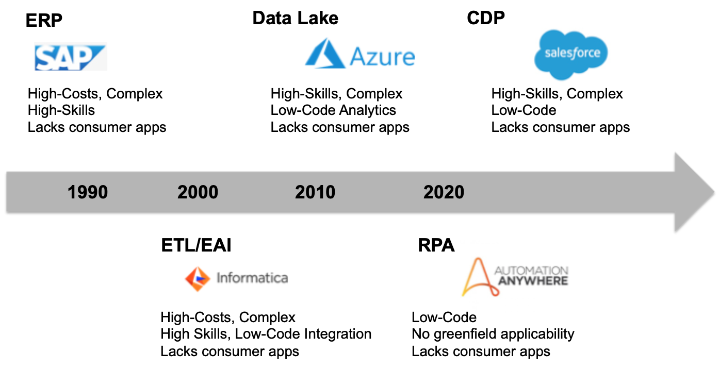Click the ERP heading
pos(44,21)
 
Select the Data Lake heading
pos(296,18)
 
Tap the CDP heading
pos(486,18)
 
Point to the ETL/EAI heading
pos(196,245)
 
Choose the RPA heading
pos(436,245)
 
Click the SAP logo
pos(71,57)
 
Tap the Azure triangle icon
pos(325,54)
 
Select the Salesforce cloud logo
pos(571,55)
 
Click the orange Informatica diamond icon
pos(198,279)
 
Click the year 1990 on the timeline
pos(87,192)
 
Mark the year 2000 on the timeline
pos(198,192)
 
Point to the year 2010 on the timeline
pos(315,192)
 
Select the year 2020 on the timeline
pos(444,192)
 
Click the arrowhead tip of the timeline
pos(714,192)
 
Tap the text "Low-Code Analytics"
pos(333,110)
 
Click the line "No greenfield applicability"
pos(493,334)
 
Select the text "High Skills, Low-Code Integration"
pos(266,334)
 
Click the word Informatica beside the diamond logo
pos(252,278)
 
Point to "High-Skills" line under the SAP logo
pos(61,110)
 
